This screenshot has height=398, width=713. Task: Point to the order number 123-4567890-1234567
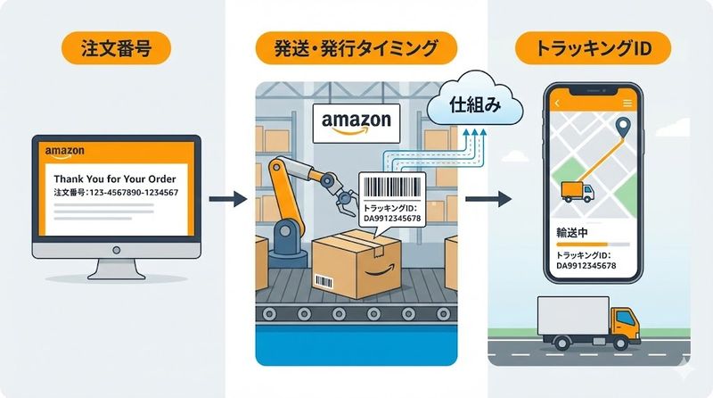click(117, 193)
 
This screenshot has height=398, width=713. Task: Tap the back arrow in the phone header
click(557, 104)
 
